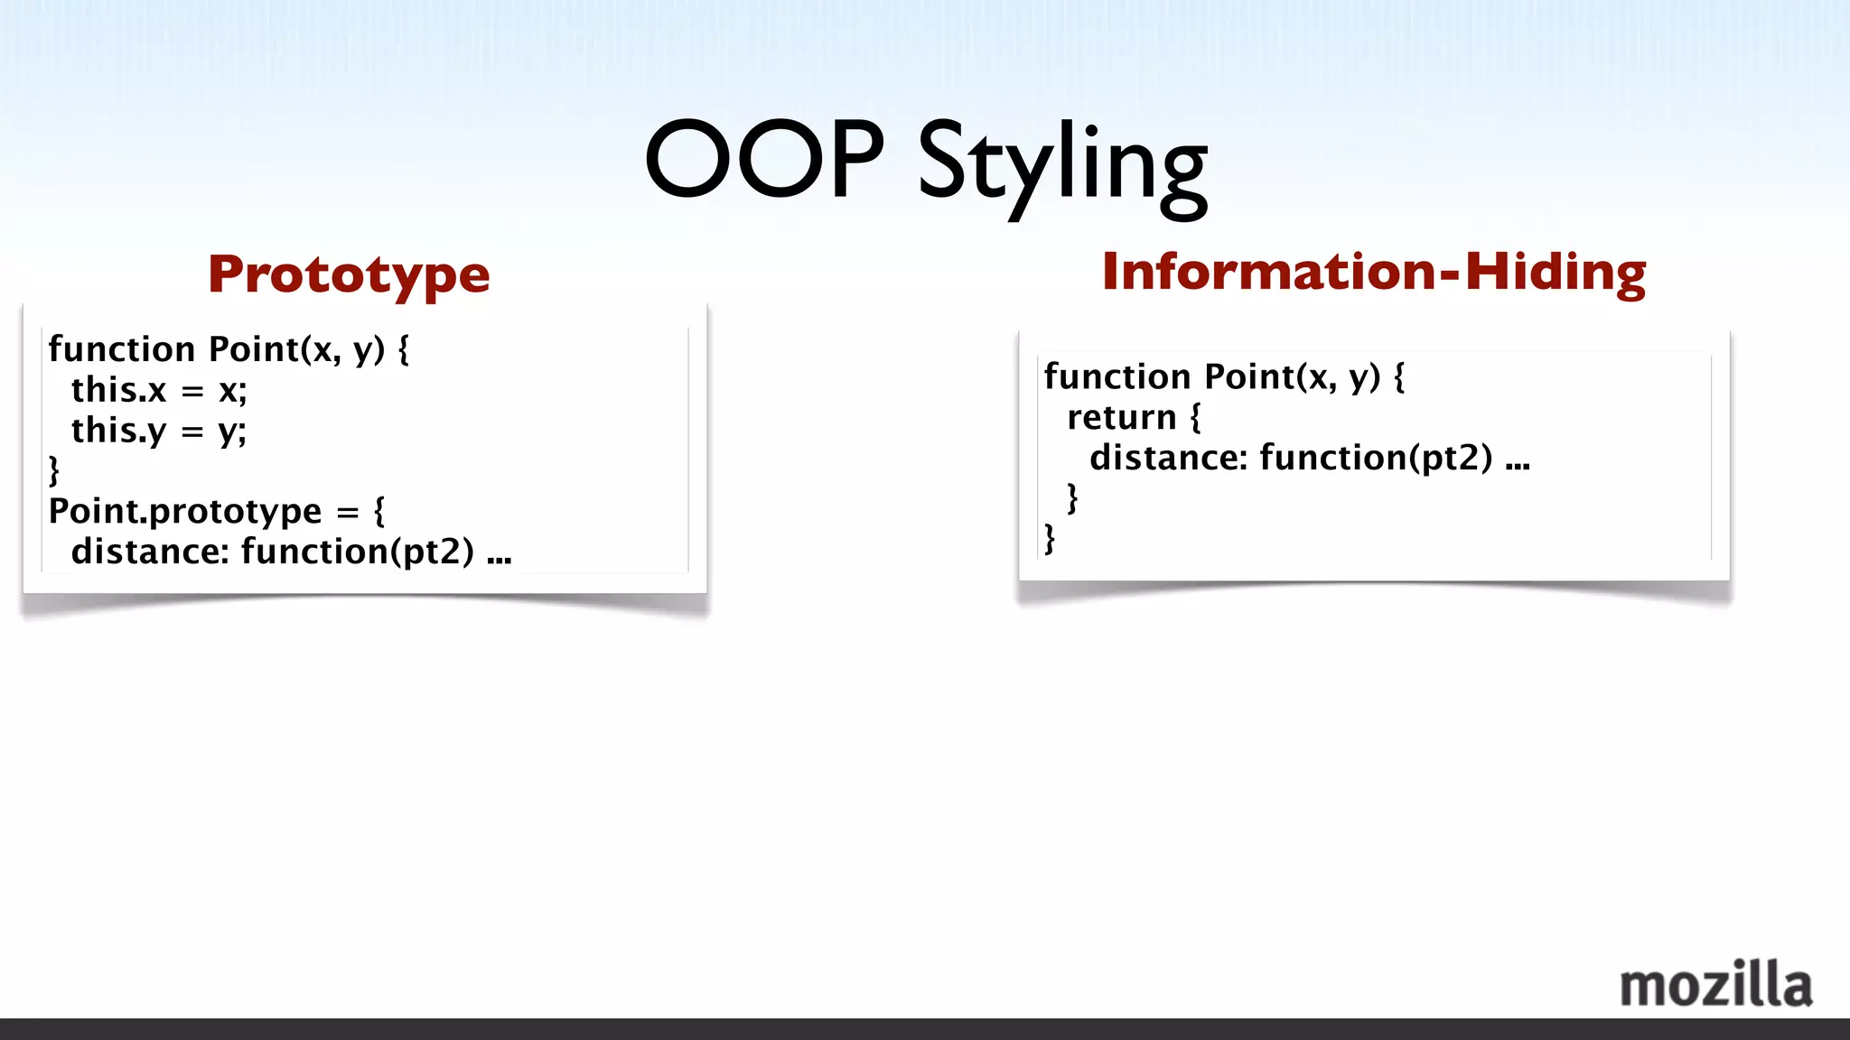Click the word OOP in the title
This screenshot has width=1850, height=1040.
point(764,160)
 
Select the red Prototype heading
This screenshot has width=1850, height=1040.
point(349,274)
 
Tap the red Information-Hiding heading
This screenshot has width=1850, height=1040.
point(1373,272)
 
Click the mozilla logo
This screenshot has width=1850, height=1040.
point(1715,985)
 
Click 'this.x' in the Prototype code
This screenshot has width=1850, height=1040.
point(119,390)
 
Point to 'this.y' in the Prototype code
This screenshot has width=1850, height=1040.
point(119,431)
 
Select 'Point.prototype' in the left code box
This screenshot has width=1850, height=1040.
point(185,511)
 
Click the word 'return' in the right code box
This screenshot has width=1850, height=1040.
point(1121,417)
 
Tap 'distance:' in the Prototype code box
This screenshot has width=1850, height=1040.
point(150,552)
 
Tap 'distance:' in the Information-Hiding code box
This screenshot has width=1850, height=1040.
point(1168,458)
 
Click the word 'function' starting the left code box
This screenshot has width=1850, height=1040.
point(122,349)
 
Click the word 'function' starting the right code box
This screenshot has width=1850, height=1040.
point(1117,376)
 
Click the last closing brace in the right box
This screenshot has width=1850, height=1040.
point(1050,539)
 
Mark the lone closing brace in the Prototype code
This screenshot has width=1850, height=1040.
point(54,471)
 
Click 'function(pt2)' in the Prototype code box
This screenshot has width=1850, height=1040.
point(358,552)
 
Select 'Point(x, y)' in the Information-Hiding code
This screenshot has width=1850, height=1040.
point(1293,376)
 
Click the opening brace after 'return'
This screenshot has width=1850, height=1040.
point(1195,417)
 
